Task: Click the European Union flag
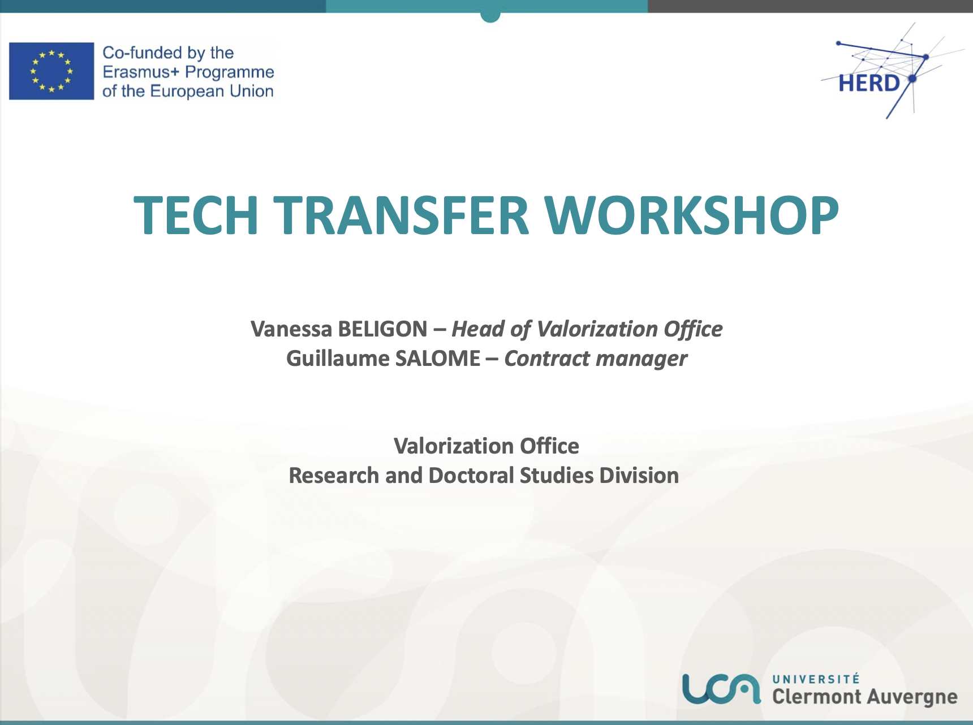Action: pos(51,71)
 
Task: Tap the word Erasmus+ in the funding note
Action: pos(141,72)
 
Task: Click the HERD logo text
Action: pos(869,83)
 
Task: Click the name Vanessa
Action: pos(291,329)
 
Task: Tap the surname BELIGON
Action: pos(382,329)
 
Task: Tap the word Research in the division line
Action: pos(334,476)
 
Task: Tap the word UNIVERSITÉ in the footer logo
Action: pos(816,679)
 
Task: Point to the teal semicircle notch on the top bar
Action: pos(490,17)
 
